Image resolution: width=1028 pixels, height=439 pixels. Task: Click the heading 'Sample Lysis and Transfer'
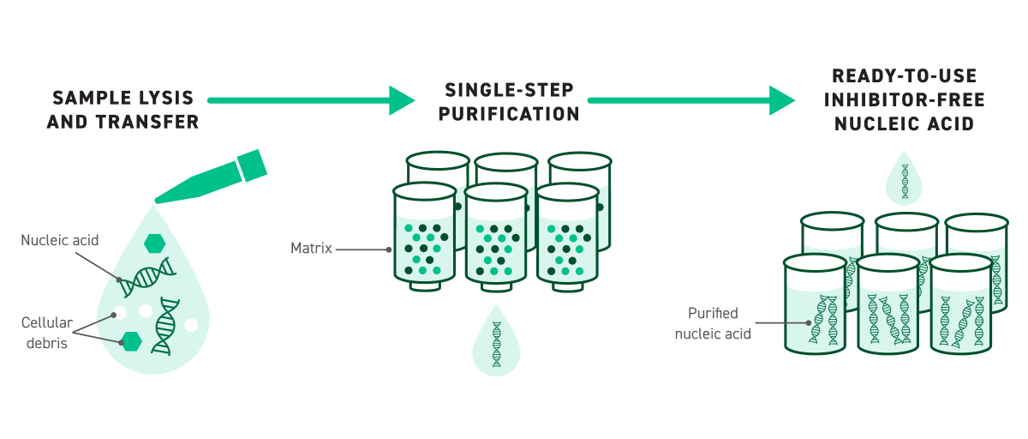click(123, 110)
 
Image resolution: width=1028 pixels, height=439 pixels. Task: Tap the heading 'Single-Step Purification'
click(512, 102)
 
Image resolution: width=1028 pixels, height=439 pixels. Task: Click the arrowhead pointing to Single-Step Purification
click(401, 100)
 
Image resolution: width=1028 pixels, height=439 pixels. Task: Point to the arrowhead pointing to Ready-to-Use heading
click(781, 100)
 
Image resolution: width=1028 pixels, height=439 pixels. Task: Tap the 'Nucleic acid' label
click(60, 241)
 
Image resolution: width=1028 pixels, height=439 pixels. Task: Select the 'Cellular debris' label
click(47, 333)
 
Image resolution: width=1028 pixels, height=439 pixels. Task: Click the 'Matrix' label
click(311, 250)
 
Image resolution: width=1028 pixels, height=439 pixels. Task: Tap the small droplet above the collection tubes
click(904, 178)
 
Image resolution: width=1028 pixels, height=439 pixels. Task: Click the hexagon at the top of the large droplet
click(155, 243)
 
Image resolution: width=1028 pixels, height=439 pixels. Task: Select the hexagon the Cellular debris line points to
click(131, 341)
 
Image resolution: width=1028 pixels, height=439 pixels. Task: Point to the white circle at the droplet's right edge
click(191, 325)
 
